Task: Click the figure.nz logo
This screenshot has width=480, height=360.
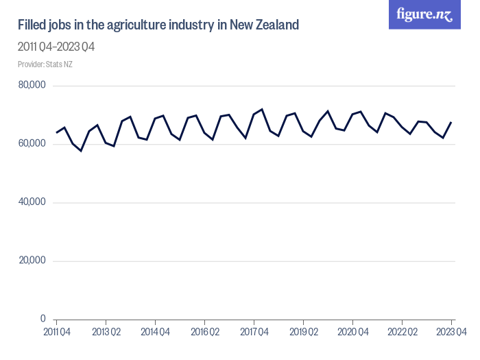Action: pos(424,14)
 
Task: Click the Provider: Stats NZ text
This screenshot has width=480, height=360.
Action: pos(45,64)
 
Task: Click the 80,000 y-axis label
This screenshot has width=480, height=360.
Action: pos(32,86)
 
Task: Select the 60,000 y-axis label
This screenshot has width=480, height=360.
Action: pos(32,144)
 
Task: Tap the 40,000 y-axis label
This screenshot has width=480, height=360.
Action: pos(32,202)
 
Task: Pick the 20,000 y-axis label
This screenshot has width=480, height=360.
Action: pos(32,261)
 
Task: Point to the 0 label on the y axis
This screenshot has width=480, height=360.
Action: pos(43,319)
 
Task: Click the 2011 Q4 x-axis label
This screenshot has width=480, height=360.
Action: pos(56,333)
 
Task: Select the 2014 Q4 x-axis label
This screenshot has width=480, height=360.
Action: pos(155,333)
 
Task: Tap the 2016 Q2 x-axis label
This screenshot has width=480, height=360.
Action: pos(204,333)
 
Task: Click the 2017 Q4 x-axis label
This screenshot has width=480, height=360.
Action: pos(254,333)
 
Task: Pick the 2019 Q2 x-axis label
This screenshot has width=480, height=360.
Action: pos(303,333)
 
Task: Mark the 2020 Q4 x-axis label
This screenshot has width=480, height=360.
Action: pos(352,333)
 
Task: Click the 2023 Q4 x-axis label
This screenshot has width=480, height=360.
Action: pos(451,333)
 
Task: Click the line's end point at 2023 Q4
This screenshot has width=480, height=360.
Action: pos(451,122)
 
